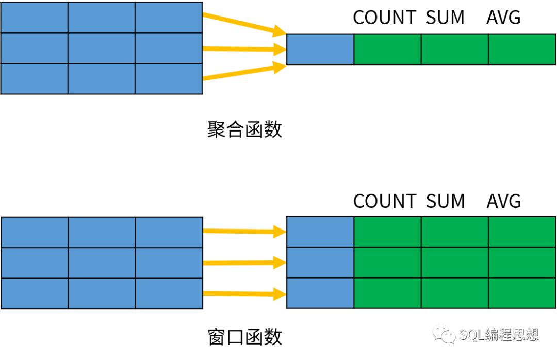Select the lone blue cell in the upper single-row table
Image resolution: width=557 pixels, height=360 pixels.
320,49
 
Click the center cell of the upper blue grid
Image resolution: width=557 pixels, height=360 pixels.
102,48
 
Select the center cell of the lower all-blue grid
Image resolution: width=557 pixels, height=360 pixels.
102,263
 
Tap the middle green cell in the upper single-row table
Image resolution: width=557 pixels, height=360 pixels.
454,49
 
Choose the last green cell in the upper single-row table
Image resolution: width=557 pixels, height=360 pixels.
521,49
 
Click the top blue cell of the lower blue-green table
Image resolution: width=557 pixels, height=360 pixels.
320,232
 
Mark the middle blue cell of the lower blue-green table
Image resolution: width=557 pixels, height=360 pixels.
320,263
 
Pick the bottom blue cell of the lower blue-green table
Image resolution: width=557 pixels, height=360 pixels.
320,293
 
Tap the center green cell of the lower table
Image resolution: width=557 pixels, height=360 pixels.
454,263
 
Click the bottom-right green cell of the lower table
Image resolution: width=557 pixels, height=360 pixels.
521,293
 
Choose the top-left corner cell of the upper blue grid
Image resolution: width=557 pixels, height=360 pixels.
35,18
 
